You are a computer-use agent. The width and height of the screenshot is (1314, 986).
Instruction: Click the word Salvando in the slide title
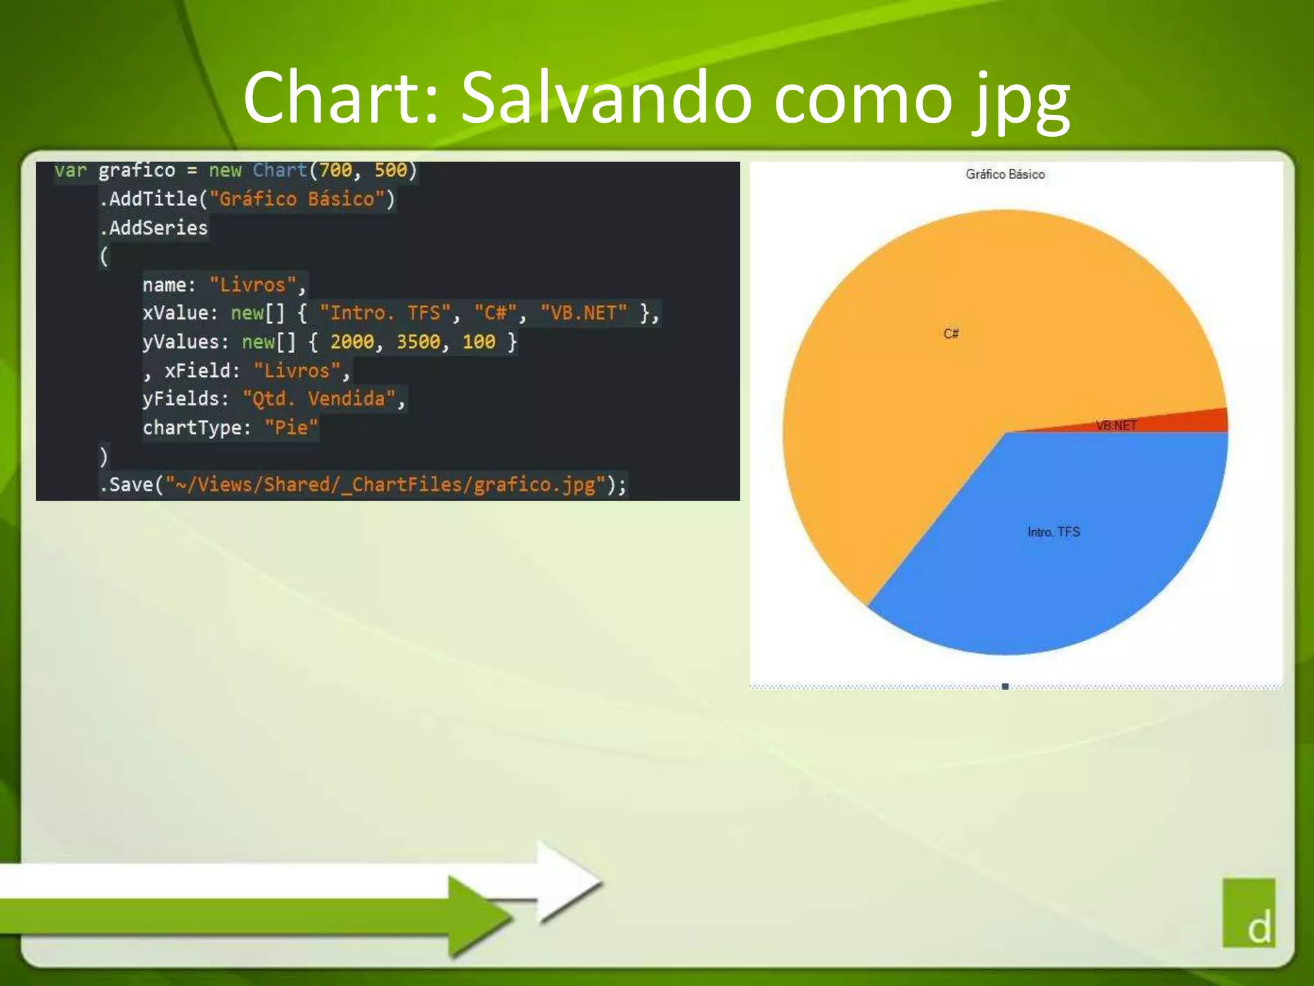pyautogui.click(x=606, y=98)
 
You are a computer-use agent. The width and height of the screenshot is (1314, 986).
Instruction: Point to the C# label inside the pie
pyautogui.click(x=951, y=333)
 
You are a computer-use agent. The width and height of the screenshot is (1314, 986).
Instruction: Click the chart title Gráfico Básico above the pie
pyautogui.click(x=1005, y=174)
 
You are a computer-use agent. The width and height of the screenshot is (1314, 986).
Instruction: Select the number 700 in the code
pyautogui.click(x=336, y=170)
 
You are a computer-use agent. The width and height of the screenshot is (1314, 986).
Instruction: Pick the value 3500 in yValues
pyautogui.click(x=418, y=342)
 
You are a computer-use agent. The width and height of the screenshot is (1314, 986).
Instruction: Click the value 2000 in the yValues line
pyautogui.click(x=352, y=342)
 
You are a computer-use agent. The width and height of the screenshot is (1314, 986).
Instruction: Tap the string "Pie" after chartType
pyautogui.click(x=291, y=428)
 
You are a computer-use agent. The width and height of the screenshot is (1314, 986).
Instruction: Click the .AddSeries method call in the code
pyautogui.click(x=153, y=228)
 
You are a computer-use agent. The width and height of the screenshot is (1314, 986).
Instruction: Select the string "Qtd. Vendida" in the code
pyautogui.click(x=319, y=399)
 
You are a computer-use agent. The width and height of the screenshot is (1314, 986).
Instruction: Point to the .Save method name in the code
pyautogui.click(x=127, y=484)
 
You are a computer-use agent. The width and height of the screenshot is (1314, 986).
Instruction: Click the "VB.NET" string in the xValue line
pyautogui.click(x=583, y=313)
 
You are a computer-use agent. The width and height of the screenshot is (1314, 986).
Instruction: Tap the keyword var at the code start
pyautogui.click(x=70, y=170)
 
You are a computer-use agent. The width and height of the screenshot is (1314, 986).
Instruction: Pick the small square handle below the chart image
pyautogui.click(x=1005, y=687)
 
